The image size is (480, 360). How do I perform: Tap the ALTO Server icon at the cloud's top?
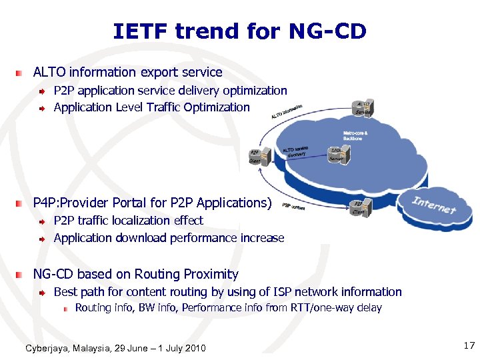(363, 109)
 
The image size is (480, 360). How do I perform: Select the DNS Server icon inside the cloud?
(336, 156)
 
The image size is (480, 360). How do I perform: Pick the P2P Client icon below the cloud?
(357, 207)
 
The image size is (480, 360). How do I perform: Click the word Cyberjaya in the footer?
(47, 348)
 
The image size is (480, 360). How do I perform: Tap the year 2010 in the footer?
(195, 348)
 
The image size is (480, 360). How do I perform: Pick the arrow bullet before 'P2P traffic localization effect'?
(42, 221)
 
